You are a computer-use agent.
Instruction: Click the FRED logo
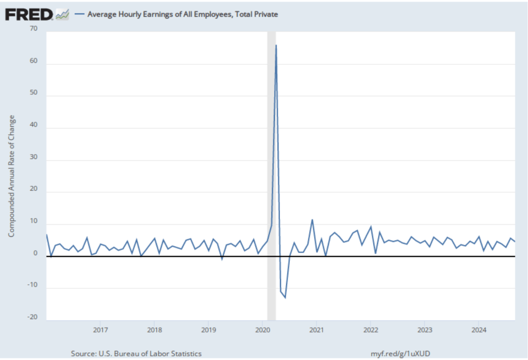(x=29, y=14)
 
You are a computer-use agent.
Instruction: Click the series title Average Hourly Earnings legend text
(x=183, y=14)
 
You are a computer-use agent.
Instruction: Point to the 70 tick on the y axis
(x=34, y=29)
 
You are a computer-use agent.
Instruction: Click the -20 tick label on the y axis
(x=33, y=317)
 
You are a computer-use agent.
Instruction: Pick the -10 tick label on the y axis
(x=33, y=286)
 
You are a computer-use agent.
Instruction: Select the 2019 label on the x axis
(x=208, y=329)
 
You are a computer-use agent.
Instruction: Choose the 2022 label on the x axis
(x=370, y=329)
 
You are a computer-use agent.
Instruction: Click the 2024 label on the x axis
(x=478, y=329)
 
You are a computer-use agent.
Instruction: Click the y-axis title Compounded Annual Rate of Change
(x=11, y=176)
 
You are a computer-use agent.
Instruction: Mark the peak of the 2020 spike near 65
(x=276, y=45)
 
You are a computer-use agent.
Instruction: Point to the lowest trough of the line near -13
(x=285, y=298)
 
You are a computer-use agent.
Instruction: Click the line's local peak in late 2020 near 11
(x=312, y=220)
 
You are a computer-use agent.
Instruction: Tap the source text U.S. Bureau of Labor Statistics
(x=136, y=353)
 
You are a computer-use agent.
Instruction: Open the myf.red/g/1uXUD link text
(x=401, y=353)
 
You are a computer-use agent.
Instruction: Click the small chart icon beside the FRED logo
(x=62, y=14)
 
